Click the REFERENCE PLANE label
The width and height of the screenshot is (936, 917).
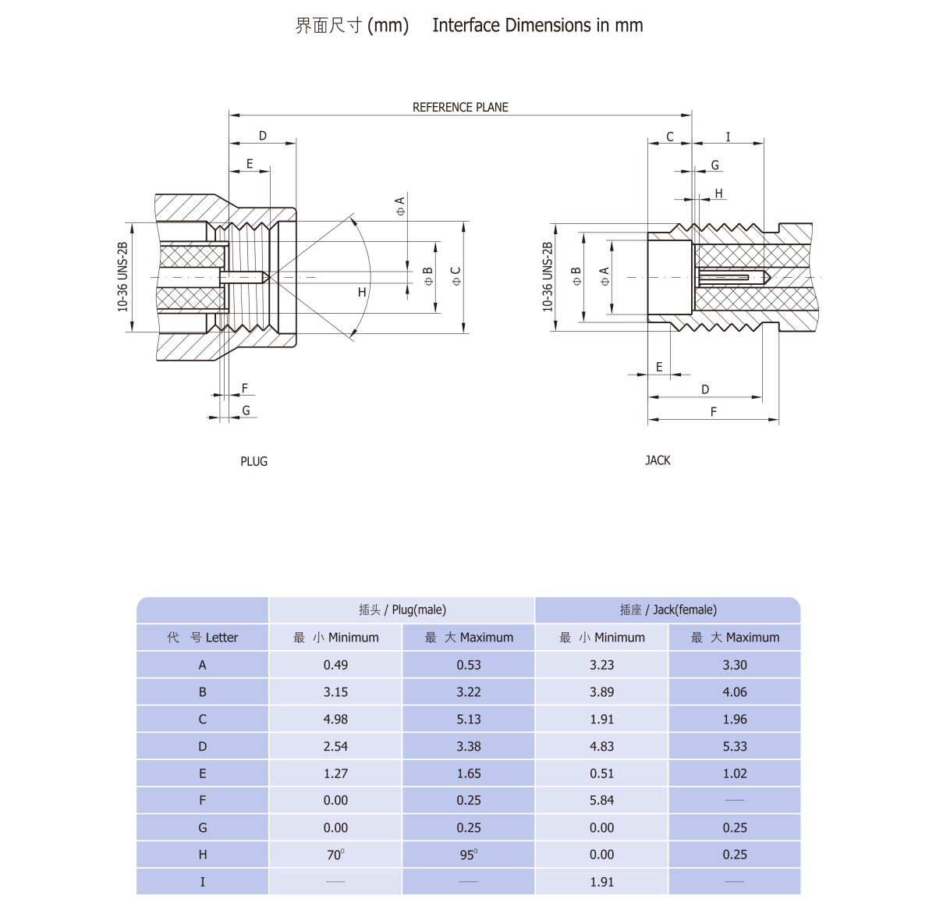460,107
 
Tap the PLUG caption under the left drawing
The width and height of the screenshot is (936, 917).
253,461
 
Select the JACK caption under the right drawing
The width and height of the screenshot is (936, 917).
658,460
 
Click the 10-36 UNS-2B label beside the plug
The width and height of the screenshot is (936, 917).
122,277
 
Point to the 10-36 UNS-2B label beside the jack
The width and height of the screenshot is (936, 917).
547,277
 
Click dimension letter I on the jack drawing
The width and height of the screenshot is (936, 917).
728,137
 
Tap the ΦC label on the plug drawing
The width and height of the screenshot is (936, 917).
456,275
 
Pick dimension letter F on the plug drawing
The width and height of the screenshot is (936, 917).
244,388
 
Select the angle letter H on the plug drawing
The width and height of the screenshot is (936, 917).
362,292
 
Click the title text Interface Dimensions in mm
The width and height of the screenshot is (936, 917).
537,26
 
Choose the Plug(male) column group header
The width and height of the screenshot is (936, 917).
402,610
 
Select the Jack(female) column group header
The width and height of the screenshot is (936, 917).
668,610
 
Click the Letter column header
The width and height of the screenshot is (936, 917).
203,638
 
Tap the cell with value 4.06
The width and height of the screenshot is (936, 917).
735,692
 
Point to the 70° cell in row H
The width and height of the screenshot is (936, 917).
335,855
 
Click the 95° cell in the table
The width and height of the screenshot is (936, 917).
468,855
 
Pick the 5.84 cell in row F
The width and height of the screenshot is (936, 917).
601,801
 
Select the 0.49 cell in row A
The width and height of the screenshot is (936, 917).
335,665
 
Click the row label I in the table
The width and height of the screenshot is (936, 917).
203,882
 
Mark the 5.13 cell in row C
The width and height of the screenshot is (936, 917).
468,720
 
